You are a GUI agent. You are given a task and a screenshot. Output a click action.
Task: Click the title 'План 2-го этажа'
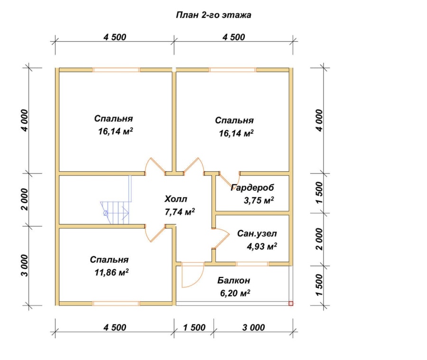click(213, 15)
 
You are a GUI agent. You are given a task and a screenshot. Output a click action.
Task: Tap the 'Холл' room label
click(176, 199)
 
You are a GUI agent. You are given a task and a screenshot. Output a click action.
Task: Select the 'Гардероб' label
click(252, 188)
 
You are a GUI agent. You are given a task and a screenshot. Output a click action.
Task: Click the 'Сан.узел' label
click(257, 234)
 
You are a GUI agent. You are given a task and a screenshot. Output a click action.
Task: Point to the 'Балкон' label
click(233, 280)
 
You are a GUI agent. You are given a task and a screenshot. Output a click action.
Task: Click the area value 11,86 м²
click(111, 272)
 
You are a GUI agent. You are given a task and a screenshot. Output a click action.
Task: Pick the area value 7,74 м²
click(180, 212)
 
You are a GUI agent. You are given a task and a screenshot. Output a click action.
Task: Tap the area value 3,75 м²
click(259, 201)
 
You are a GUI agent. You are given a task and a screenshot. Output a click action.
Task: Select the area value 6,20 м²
click(235, 293)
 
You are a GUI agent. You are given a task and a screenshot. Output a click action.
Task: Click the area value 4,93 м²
click(262, 247)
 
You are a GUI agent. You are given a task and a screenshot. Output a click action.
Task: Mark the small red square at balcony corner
click(291, 304)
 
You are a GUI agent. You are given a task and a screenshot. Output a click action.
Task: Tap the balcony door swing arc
click(198, 281)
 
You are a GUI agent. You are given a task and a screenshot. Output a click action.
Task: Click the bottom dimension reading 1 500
click(194, 327)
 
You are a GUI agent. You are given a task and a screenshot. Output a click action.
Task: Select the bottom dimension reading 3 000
click(253, 327)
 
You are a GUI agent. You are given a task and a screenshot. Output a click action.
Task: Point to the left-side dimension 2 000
click(24, 199)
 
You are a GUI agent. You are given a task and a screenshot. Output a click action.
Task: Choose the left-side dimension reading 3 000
click(24, 266)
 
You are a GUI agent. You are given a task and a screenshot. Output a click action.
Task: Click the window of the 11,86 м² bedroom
click(116, 304)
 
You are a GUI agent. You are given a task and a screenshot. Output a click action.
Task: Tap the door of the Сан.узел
click(221, 239)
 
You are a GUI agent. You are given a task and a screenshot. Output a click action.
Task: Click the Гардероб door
click(230, 179)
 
